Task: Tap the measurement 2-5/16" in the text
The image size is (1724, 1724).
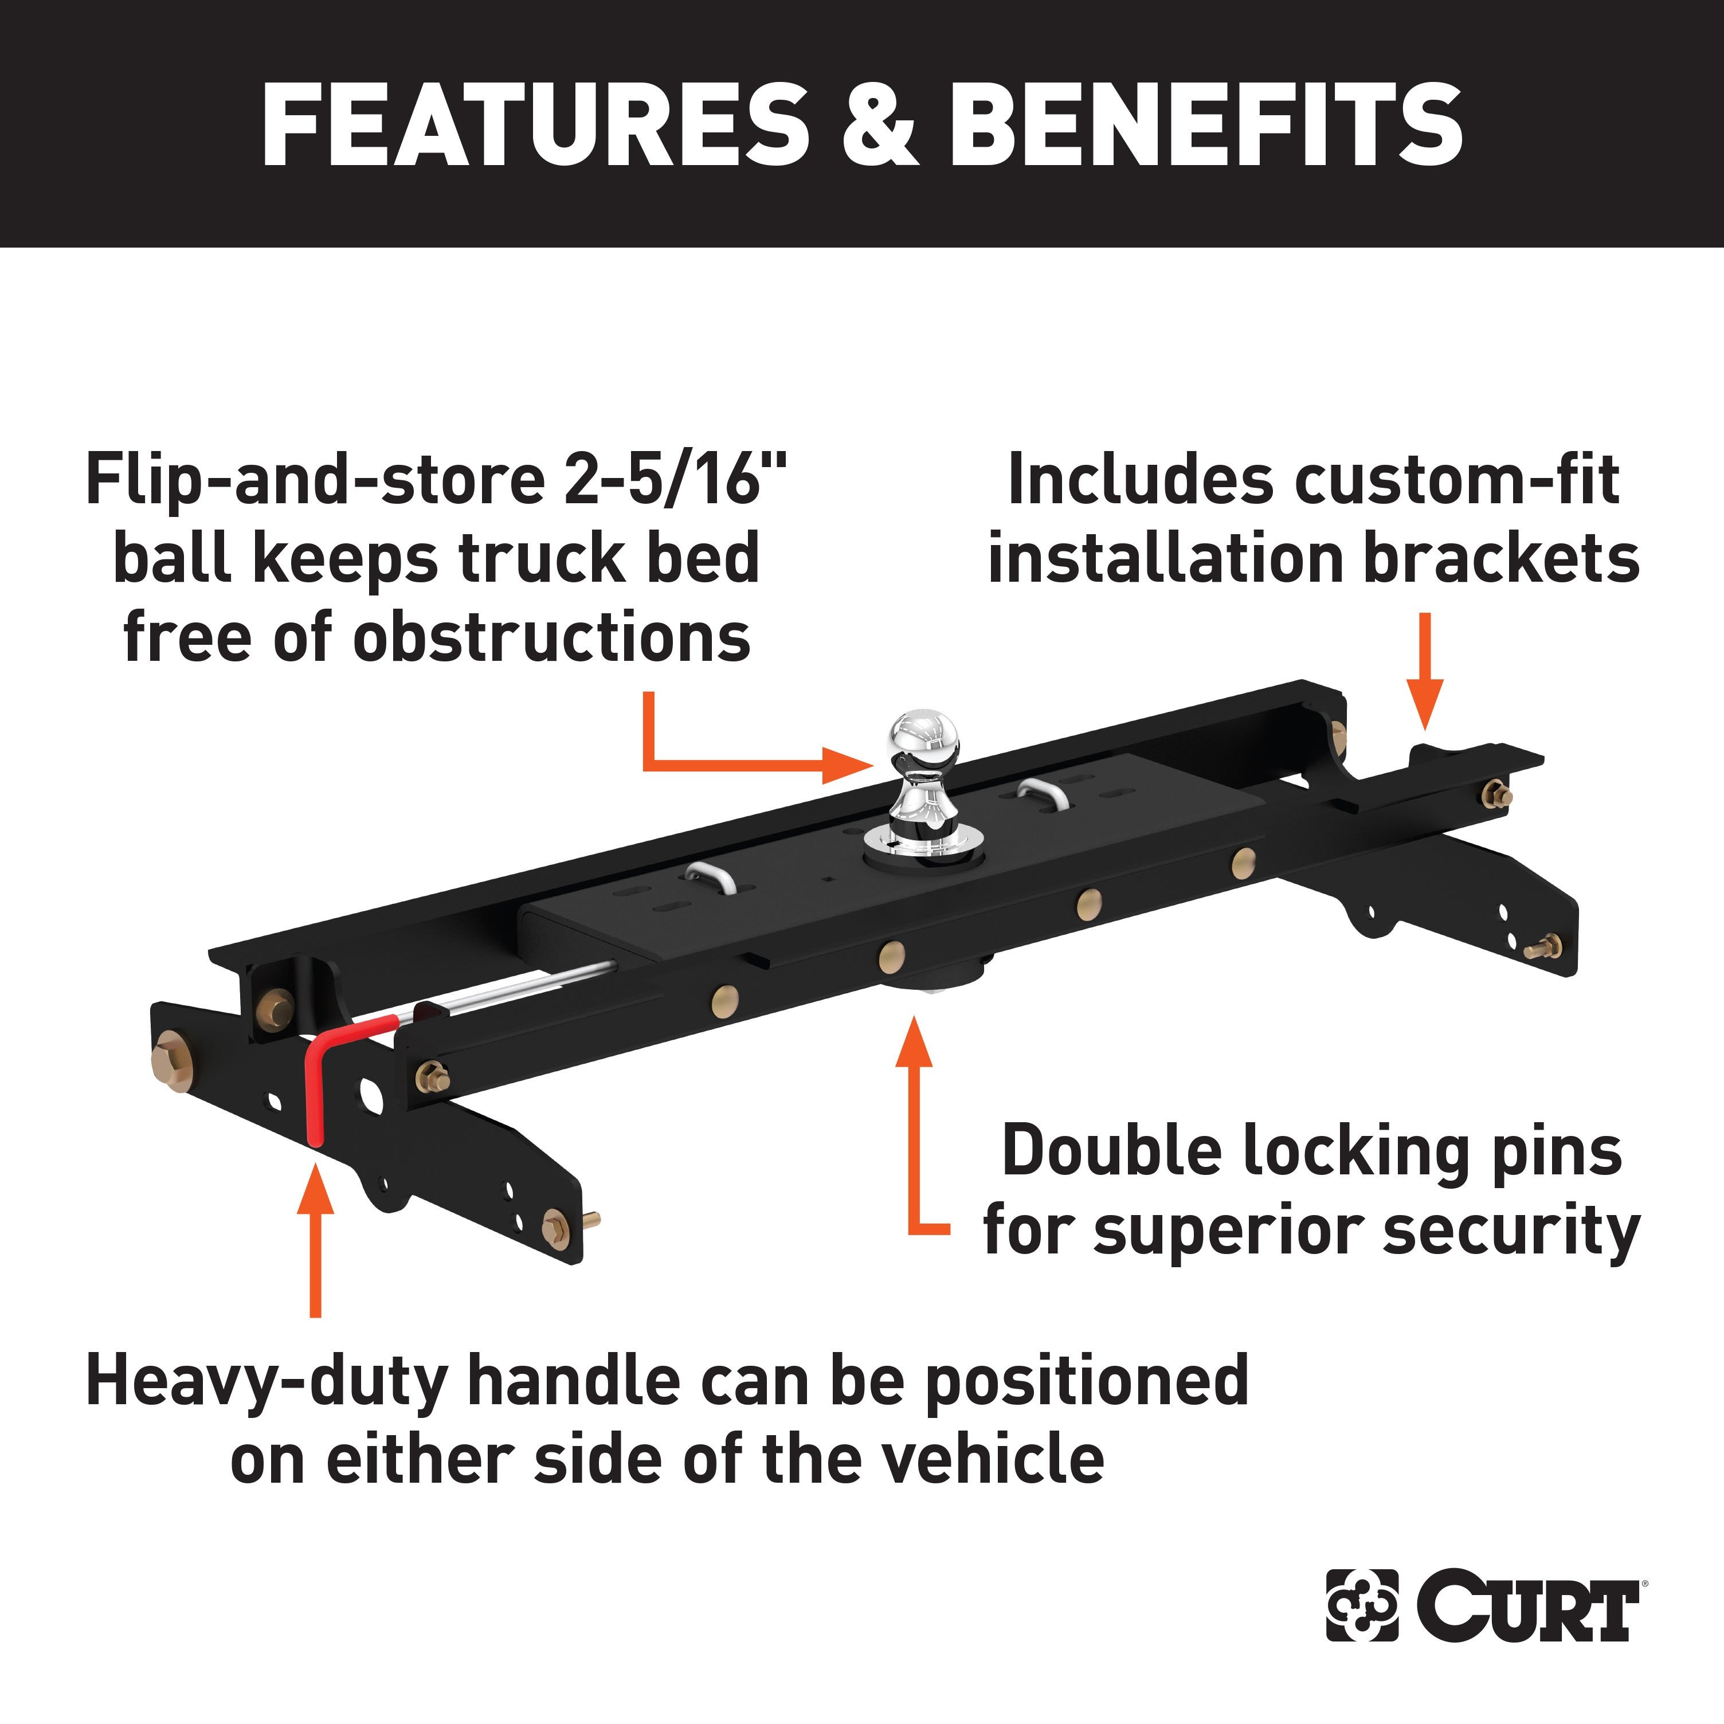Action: coord(676,479)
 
